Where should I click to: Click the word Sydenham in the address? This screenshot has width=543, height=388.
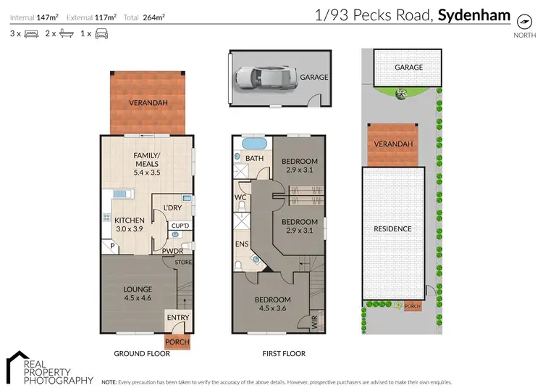(474, 15)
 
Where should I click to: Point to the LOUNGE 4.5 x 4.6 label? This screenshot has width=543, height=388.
(138, 293)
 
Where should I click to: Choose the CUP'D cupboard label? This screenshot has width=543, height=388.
(179, 226)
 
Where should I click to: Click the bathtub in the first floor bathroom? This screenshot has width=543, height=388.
(254, 142)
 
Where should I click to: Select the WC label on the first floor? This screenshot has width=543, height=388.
(240, 197)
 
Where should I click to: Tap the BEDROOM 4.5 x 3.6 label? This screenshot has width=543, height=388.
(272, 304)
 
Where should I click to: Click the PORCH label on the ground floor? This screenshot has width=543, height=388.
(177, 342)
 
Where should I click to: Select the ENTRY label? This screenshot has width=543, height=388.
(177, 317)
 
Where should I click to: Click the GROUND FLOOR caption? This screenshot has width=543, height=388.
(142, 354)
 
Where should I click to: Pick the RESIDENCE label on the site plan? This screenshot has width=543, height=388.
(392, 229)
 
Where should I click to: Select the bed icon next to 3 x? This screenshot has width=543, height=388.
(31, 33)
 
